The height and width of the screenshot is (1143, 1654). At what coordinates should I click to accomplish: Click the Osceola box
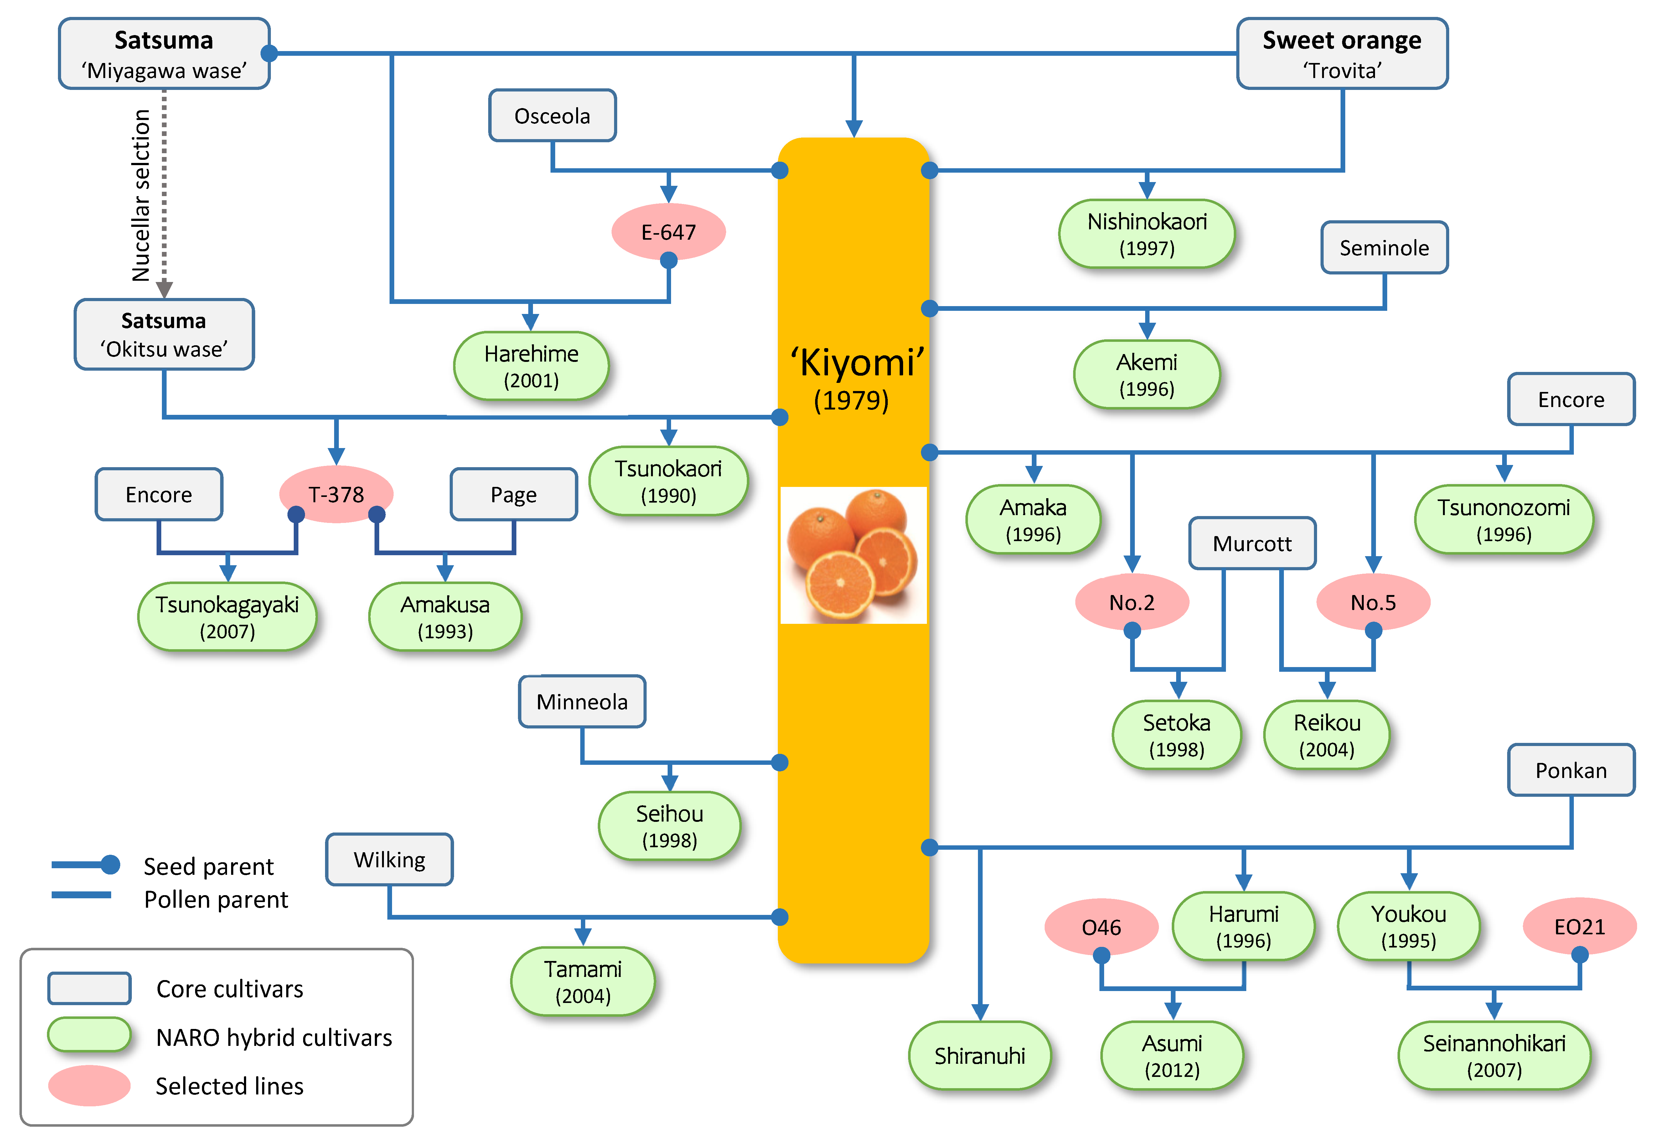[552, 115]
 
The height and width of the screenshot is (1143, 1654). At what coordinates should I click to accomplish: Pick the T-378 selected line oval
[336, 494]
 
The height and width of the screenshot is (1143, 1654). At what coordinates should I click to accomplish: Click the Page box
[513, 494]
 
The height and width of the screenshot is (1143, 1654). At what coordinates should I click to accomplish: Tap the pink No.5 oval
[1373, 602]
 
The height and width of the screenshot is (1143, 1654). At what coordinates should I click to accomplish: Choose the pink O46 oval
[1101, 927]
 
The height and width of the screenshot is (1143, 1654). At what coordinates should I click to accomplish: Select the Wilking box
[389, 859]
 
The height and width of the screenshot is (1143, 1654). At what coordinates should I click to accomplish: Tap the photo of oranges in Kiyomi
[853, 555]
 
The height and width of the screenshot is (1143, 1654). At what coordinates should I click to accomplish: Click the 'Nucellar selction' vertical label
[141, 195]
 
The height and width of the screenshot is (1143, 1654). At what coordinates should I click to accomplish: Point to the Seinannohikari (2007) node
[1494, 1056]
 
